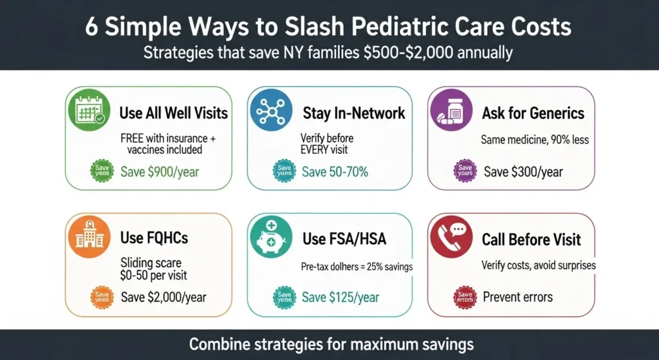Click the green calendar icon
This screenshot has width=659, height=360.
click(x=89, y=113)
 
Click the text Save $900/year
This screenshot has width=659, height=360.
click(x=159, y=172)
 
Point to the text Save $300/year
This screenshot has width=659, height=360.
click(x=523, y=172)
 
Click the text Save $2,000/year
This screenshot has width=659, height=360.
click(x=163, y=297)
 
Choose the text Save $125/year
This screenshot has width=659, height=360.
click(x=340, y=297)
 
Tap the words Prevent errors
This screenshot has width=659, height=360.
click(x=517, y=297)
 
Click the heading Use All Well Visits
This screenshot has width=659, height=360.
click(x=174, y=113)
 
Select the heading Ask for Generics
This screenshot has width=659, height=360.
click(x=533, y=113)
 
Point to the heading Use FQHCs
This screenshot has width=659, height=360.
click(x=154, y=238)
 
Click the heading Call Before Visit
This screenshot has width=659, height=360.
click(x=531, y=240)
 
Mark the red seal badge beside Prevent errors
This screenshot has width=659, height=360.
click(x=465, y=297)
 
